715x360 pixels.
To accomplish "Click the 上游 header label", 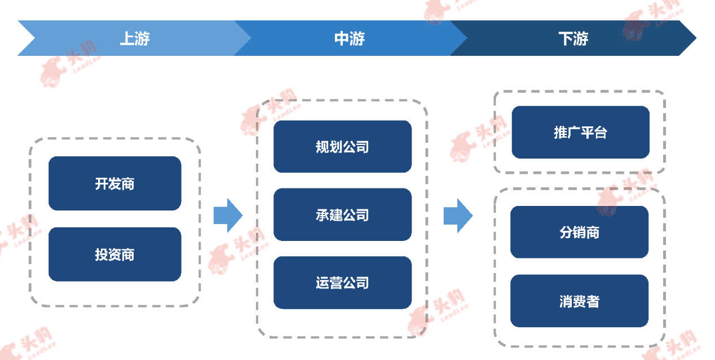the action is tap(135, 38).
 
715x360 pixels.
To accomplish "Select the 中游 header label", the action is tap(350, 38).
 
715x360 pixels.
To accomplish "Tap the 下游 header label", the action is tap(573, 38).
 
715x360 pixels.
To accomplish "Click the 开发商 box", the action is tap(115, 183).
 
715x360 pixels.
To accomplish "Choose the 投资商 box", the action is tap(115, 254).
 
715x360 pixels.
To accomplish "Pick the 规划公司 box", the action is tap(342, 147).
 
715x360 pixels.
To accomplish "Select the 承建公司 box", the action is tap(342, 214).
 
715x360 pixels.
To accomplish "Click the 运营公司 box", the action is tap(342, 283).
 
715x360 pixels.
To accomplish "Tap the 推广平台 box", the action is tap(581, 132).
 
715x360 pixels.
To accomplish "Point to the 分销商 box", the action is tap(579, 232).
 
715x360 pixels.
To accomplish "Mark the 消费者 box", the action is tap(579, 301).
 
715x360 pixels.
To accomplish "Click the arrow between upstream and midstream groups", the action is tap(228, 216).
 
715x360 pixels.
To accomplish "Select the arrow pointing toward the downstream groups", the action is tap(458, 216).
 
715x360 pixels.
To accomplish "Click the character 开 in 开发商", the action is tap(101, 184).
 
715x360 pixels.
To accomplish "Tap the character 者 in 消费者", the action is tap(593, 301).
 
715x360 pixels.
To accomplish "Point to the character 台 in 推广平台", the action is tap(601, 133).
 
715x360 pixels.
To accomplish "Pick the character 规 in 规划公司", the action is tap(323, 147).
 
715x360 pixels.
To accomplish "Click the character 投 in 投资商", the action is tap(101, 254).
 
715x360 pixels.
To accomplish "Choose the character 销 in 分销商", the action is tap(579, 232).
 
